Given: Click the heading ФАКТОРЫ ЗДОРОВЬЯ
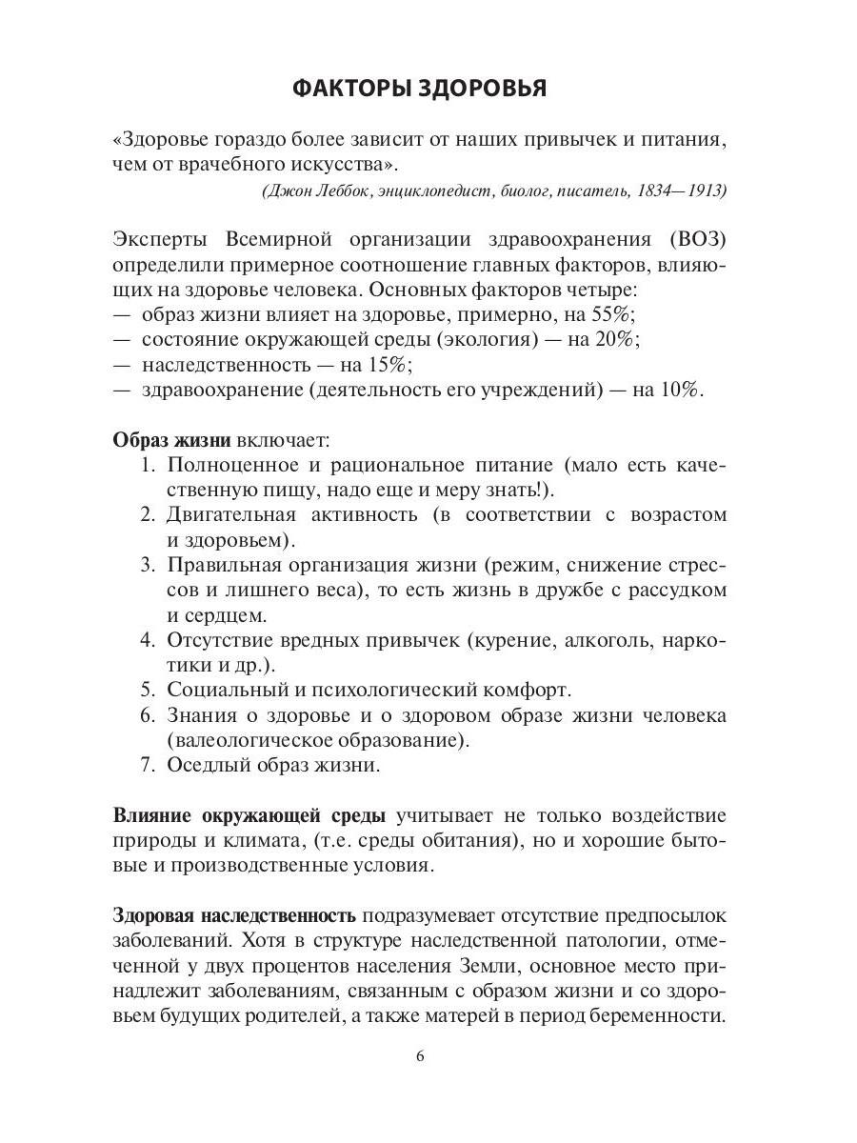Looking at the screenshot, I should [419, 90].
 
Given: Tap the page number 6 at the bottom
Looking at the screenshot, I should [420, 1056].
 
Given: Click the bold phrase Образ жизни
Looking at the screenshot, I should [171, 439].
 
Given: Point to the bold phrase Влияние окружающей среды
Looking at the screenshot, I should [249, 815].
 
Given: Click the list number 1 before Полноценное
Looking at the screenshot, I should [148, 465].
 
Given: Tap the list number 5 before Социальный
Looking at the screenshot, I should [148, 689].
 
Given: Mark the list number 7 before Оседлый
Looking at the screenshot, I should [148, 764].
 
